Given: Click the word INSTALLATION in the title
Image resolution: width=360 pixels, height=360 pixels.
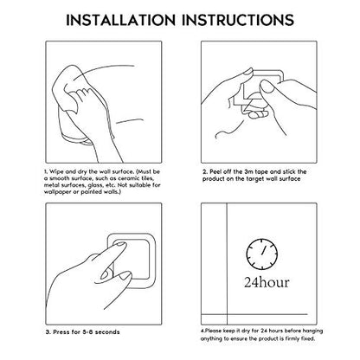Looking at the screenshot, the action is tap(120, 20).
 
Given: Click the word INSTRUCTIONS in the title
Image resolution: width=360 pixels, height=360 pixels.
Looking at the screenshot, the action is tap(238, 20).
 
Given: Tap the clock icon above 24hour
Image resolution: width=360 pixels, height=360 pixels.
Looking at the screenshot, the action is tap(262, 254).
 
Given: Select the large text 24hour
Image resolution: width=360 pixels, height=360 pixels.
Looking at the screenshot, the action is tap(267, 282).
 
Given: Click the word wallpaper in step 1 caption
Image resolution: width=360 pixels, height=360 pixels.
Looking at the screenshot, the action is tap(58, 192).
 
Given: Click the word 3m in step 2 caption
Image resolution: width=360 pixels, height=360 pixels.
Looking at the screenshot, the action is tap(247, 171).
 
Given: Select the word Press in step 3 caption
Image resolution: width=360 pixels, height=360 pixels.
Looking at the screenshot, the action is tap(61, 332).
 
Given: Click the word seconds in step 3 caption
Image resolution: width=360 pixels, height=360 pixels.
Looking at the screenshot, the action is tap(107, 332).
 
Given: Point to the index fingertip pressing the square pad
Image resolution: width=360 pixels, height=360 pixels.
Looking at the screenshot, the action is tap(120, 246).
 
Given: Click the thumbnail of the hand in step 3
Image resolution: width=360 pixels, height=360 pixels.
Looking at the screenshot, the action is tap(125, 276).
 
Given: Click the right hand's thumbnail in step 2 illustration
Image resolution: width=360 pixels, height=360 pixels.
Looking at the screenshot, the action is tap(267, 87).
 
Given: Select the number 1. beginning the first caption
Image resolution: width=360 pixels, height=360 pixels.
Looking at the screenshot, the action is tap(46, 171).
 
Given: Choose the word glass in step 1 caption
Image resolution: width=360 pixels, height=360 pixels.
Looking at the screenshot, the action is tap(94, 185).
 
